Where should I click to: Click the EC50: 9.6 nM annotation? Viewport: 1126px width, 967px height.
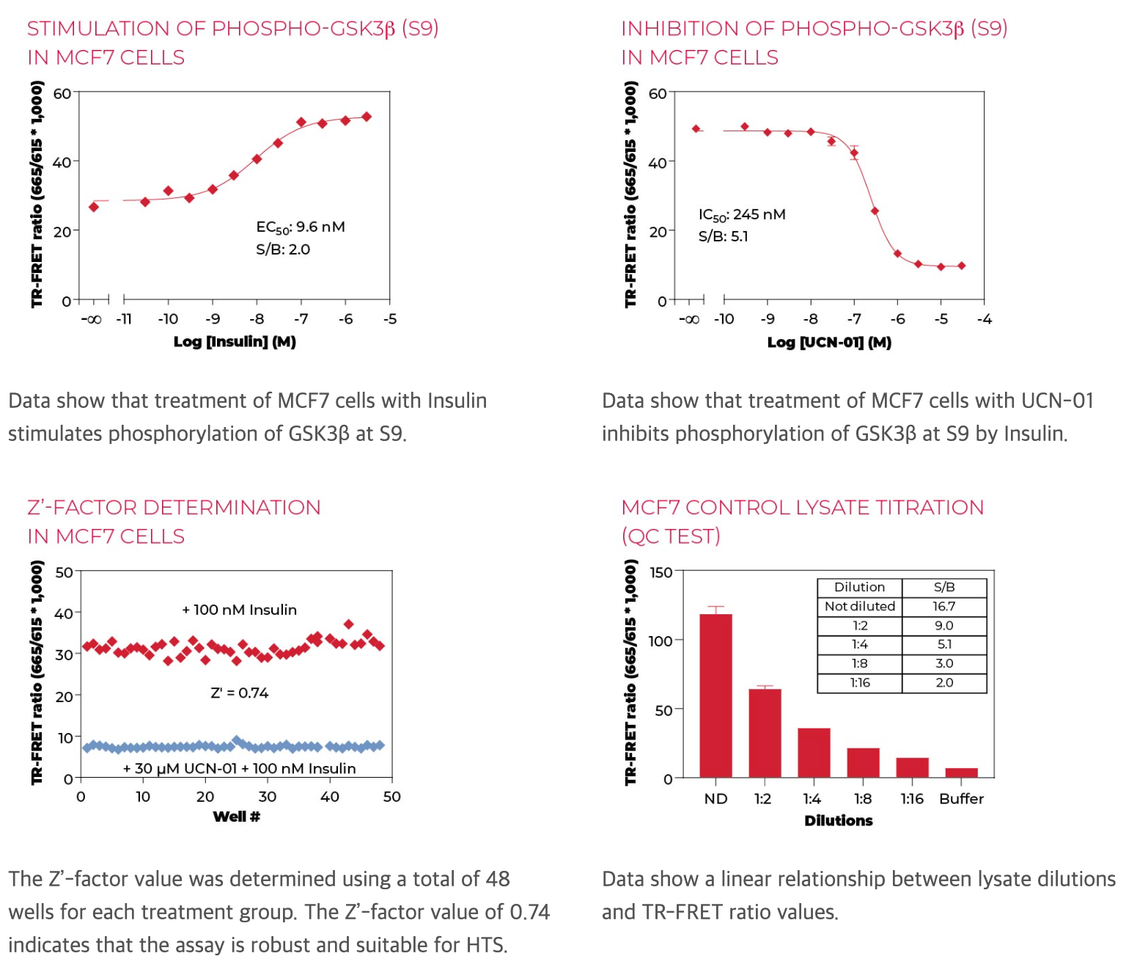tap(300, 227)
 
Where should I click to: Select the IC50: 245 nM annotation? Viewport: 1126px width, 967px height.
tap(741, 214)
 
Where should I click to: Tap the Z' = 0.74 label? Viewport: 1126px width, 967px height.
tap(239, 693)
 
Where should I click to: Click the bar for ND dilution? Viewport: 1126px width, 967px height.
tap(715, 695)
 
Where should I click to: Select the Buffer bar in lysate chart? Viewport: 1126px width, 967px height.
tap(961, 773)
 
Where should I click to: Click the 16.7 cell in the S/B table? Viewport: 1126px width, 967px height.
tap(943, 606)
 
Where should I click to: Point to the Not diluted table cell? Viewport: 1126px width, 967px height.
tap(859, 606)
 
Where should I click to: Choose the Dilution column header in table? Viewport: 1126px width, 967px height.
tap(859, 587)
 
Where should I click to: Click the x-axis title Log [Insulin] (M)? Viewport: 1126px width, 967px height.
tap(235, 341)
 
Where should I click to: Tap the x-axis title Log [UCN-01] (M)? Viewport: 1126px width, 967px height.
tap(829, 342)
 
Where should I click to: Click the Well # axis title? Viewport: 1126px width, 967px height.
tap(236, 817)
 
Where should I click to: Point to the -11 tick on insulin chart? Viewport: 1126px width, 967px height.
tap(124, 319)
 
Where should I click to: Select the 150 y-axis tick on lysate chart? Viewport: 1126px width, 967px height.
tap(660, 572)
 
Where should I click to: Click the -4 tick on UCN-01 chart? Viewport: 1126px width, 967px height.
tap(985, 319)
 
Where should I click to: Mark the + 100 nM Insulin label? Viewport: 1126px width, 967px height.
tap(239, 610)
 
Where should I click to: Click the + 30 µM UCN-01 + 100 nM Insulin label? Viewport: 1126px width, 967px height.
tap(239, 768)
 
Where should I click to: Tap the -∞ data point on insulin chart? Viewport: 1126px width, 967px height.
tap(93, 207)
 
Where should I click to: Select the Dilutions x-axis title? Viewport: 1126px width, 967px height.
tap(838, 820)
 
